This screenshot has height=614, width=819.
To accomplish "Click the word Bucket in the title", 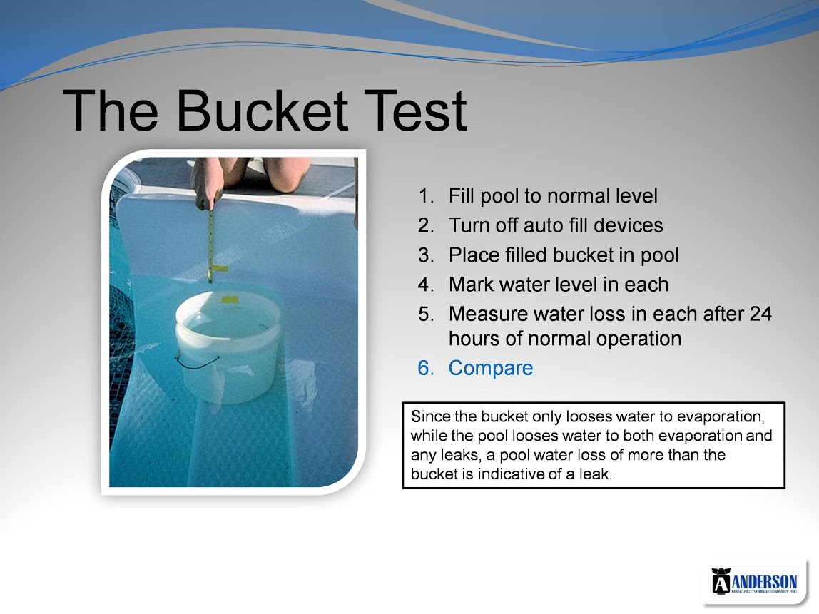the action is click(x=263, y=110).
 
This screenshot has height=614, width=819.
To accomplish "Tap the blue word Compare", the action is click(x=491, y=368).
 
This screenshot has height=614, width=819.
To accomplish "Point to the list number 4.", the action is click(x=426, y=285).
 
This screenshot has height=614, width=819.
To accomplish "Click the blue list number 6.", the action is click(x=426, y=368).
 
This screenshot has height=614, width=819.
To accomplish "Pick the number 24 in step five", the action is click(x=760, y=314).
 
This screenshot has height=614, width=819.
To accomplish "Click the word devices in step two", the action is click(x=629, y=225).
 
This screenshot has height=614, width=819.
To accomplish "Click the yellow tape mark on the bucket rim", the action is click(x=230, y=300).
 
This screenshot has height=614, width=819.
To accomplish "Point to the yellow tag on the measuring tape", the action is click(x=220, y=270).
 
